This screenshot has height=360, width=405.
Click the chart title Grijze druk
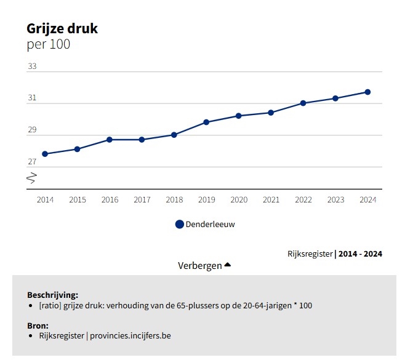point(62,28)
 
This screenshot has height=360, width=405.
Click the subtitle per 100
point(49,44)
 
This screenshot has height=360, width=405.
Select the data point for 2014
point(45,154)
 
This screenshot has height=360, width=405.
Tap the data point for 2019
point(206,122)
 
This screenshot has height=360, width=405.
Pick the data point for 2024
point(367,92)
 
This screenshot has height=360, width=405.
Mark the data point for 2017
point(142,140)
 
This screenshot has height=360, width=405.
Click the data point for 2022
point(303,103)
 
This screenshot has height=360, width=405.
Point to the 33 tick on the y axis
point(32,66)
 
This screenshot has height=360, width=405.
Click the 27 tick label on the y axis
point(32,162)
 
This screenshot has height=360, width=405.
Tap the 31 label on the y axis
point(32,98)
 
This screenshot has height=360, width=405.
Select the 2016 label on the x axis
point(110,200)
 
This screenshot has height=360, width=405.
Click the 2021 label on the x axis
point(271,200)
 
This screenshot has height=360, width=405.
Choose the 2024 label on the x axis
point(367,200)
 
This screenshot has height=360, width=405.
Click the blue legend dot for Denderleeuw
point(179,225)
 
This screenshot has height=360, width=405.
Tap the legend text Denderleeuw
point(210,225)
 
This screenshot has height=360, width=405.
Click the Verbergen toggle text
point(199,266)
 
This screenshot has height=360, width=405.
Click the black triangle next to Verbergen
point(227,265)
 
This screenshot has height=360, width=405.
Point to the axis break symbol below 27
point(32,178)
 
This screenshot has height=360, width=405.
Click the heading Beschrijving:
point(52,295)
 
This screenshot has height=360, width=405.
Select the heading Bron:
point(38,326)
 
